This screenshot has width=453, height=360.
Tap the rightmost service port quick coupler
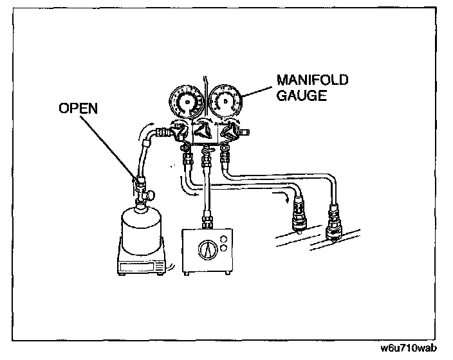pos(335,222)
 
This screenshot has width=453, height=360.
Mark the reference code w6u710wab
pos(409,350)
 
